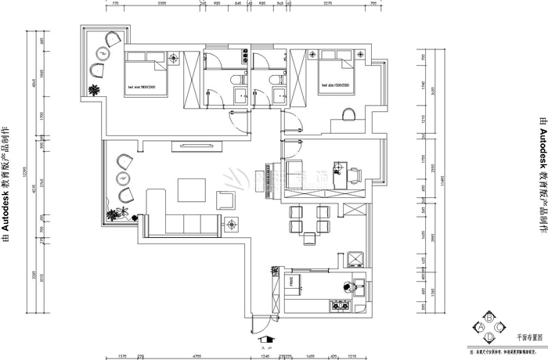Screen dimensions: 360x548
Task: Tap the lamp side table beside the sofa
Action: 233,225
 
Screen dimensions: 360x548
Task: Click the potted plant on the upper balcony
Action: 95,90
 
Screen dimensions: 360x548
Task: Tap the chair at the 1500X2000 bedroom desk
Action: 348,116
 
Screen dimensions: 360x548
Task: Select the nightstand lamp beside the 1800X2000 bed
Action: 170,59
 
